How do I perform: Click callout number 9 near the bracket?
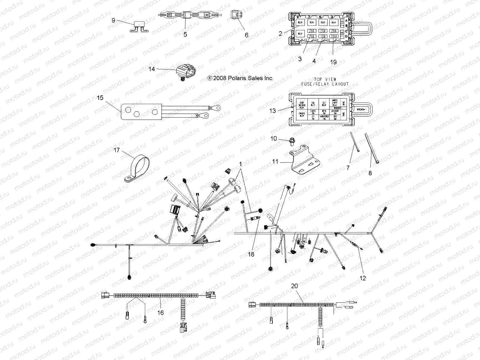click(x=113, y=20)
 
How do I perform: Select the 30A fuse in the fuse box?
click(x=333, y=36)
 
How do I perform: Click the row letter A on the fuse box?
click(x=346, y=20)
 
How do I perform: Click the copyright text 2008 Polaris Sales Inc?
click(x=241, y=78)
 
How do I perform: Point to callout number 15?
click(x=100, y=98)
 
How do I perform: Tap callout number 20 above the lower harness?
click(x=295, y=286)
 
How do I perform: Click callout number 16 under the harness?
click(x=160, y=313)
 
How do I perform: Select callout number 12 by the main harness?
click(x=363, y=278)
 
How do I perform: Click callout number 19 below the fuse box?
click(x=333, y=62)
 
